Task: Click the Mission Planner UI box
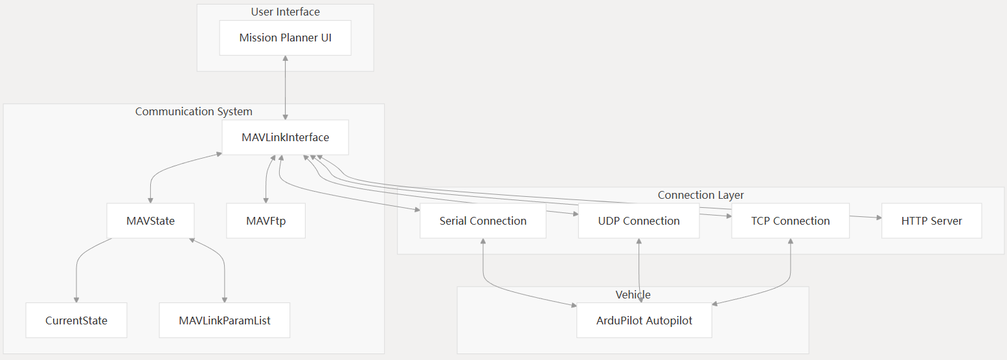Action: (285, 38)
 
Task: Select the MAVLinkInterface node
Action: (285, 137)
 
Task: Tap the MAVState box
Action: (150, 221)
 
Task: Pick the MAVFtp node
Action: (266, 221)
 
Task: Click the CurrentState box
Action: (76, 321)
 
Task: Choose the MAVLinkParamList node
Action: (224, 321)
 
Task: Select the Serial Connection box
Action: (483, 221)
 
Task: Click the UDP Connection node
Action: (639, 221)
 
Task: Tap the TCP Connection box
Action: (790, 221)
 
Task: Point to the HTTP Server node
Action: (931, 221)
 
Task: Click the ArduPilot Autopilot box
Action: (644, 321)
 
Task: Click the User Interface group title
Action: (285, 12)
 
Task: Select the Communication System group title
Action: (194, 111)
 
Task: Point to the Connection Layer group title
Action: (701, 195)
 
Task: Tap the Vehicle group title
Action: (633, 295)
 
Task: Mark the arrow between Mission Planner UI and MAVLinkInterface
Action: (285, 87)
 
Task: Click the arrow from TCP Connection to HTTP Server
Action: (865, 217)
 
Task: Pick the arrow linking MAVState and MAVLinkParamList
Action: (220, 259)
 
